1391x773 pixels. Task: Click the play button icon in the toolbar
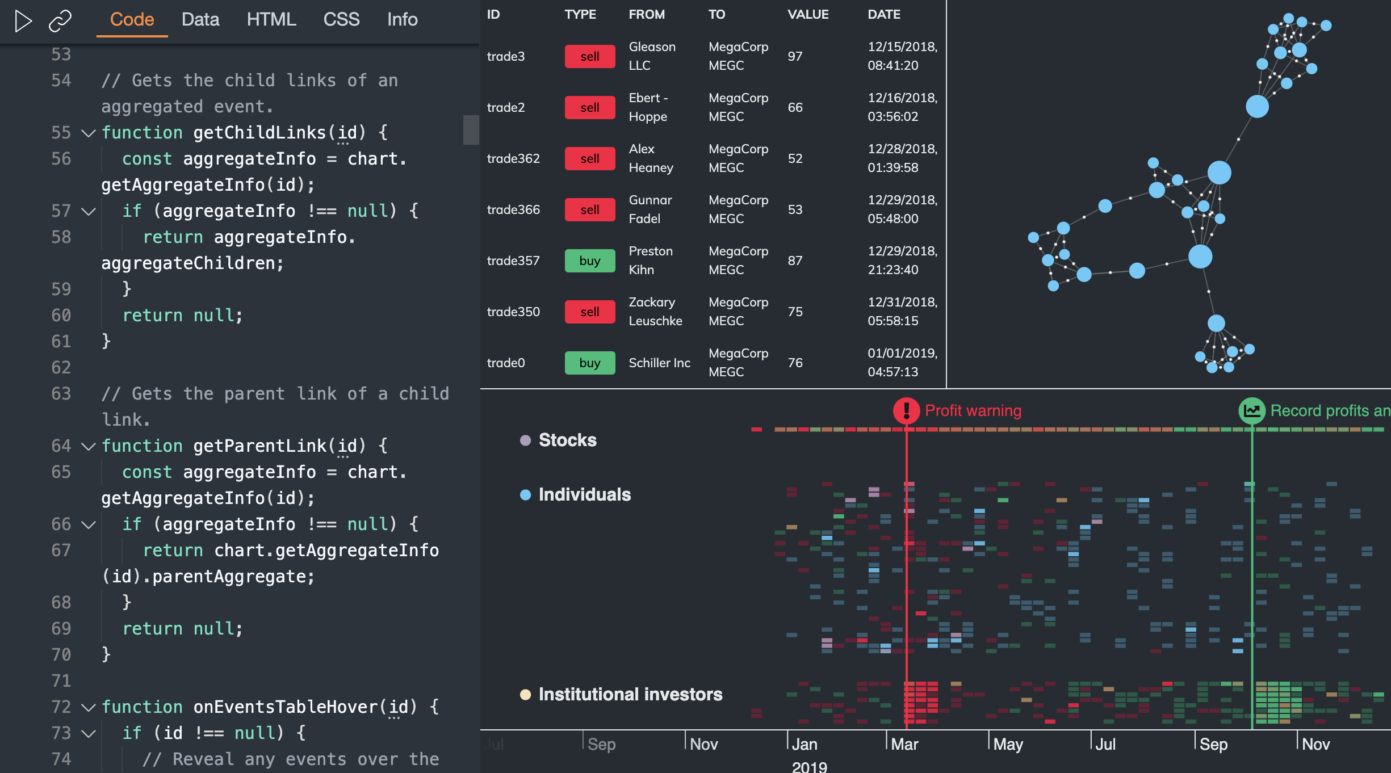23,21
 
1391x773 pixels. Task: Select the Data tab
200,20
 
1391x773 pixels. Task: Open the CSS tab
341,20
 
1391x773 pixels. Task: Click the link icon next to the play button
60,21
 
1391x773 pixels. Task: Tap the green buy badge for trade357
589,261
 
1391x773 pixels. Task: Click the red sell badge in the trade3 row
589,56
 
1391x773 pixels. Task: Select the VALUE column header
807,14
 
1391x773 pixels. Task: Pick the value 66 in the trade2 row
795,107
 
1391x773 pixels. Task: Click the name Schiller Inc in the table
659,363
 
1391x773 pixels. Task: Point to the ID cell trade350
513,312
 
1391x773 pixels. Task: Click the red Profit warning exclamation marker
906,410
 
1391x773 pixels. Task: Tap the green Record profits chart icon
1252,410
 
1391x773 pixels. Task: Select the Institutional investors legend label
630,694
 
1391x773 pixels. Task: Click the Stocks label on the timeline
567,440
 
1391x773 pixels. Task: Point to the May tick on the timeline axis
1008,744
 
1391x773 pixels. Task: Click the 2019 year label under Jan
809,767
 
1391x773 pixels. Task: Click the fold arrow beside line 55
88,133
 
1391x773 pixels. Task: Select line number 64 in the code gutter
61,446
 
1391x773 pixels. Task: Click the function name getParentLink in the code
259,446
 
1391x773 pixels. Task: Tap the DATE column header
883,14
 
